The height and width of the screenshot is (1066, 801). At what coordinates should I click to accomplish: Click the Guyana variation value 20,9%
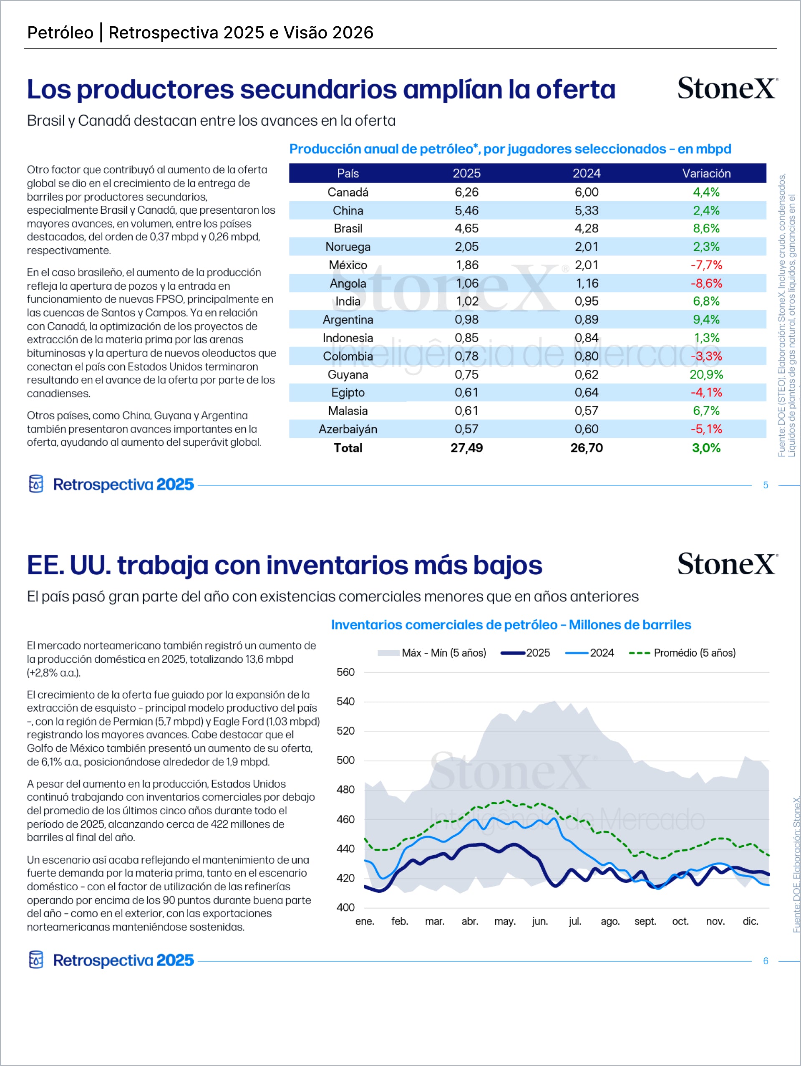[706, 374]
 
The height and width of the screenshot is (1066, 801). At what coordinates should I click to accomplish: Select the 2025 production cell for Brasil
[466, 228]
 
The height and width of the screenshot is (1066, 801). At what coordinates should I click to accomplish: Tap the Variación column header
[706, 174]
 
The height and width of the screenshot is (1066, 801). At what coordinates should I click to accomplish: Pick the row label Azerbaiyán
[348, 429]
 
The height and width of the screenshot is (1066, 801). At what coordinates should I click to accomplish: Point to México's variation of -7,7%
[706, 265]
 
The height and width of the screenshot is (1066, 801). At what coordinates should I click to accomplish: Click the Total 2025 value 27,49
[466, 448]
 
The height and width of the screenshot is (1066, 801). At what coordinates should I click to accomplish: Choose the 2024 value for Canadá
[586, 192]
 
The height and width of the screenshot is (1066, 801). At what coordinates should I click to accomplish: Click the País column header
[348, 174]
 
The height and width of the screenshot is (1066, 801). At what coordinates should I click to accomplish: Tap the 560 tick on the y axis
[345, 672]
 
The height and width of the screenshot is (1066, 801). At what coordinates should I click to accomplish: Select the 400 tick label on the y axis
[345, 907]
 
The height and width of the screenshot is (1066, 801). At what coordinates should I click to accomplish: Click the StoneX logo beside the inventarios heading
[727, 564]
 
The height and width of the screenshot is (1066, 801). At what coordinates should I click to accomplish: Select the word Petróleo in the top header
[60, 33]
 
